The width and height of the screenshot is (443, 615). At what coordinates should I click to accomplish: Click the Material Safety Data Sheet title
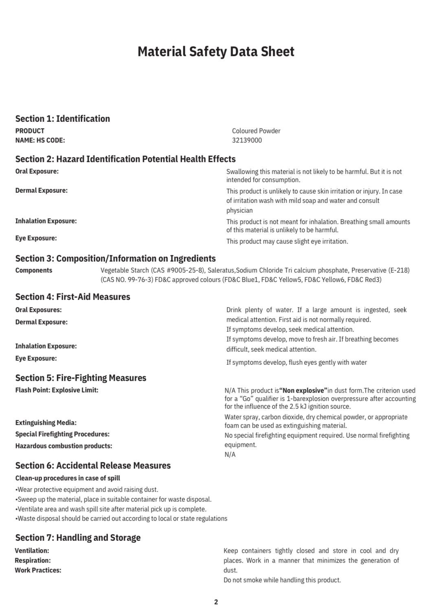click(x=216, y=52)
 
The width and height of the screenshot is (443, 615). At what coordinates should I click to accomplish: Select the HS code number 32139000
click(x=247, y=140)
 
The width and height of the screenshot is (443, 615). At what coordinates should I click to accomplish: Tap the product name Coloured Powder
click(x=256, y=131)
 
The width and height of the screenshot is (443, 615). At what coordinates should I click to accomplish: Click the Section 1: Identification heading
click(x=63, y=119)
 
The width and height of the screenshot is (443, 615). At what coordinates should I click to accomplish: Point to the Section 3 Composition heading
click(x=116, y=258)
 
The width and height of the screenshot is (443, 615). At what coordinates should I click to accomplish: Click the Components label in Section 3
click(x=34, y=270)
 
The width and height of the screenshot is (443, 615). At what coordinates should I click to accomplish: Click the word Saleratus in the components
click(x=221, y=270)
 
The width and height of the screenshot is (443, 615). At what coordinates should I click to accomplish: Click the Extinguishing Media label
click(x=46, y=423)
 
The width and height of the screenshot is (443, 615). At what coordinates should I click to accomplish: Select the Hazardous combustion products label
click(x=64, y=446)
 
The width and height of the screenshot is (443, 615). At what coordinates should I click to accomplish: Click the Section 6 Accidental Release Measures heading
click(x=93, y=465)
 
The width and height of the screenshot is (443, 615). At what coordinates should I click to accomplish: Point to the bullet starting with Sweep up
click(x=114, y=499)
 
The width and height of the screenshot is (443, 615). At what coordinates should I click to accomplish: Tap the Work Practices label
click(x=38, y=570)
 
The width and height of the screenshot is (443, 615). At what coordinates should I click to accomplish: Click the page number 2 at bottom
click(x=216, y=602)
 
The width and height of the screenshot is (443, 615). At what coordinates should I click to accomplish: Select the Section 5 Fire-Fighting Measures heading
click(x=81, y=378)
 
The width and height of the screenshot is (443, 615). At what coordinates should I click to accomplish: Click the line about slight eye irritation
click(x=287, y=241)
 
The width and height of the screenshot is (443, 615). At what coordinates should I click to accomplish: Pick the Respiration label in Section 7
click(x=33, y=560)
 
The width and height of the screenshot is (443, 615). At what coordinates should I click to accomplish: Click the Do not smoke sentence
click(x=282, y=580)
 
